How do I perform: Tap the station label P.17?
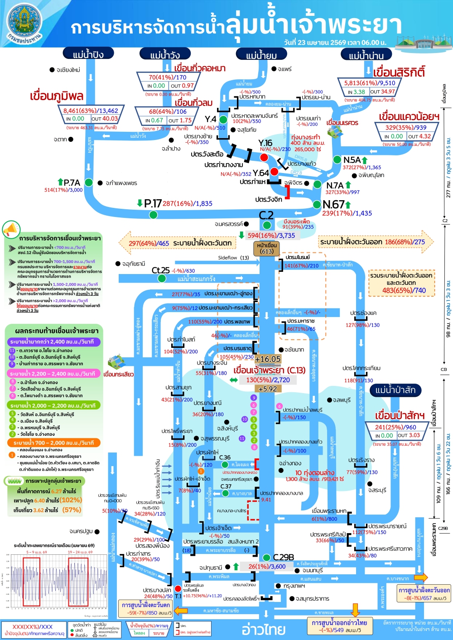point(153,204)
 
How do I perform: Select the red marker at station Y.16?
point(264,157)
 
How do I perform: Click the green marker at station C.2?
point(267,225)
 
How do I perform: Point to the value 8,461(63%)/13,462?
point(91,111)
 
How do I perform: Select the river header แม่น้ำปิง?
point(88,54)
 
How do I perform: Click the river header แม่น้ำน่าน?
point(366,55)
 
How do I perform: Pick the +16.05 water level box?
point(268,359)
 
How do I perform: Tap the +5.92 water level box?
point(267,389)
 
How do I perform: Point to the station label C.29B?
point(284,557)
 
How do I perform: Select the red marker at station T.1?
point(178,589)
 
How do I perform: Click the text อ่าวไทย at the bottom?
point(264,630)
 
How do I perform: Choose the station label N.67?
point(334,205)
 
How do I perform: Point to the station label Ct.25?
point(161,270)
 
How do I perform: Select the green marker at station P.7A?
point(89,183)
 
